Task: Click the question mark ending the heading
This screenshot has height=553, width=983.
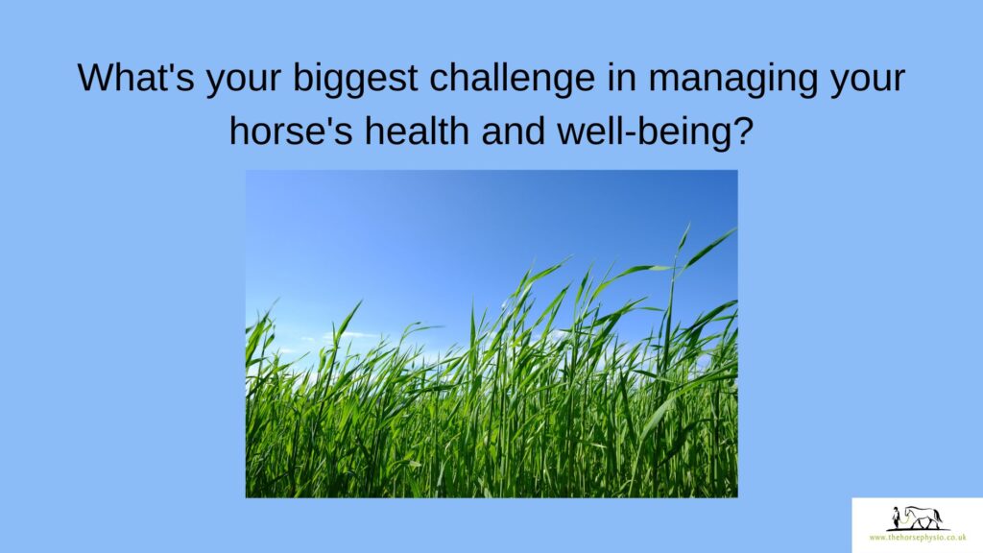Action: [x=742, y=132]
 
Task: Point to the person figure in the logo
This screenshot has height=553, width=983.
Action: [x=897, y=517]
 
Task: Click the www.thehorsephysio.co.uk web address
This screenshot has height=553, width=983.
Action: [x=917, y=538]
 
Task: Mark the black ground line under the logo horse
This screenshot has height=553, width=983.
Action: [x=918, y=530]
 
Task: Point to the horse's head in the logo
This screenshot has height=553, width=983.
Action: [x=906, y=512]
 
